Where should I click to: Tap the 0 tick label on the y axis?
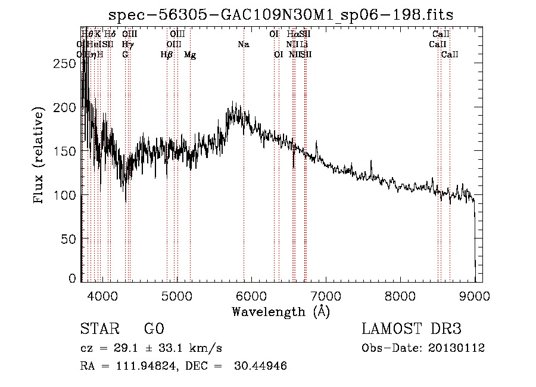click(72, 278)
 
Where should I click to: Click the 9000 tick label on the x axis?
click(474, 295)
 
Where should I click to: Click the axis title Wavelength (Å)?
click(281, 311)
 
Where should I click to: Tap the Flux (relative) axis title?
click(39, 156)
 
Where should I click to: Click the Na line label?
click(243, 45)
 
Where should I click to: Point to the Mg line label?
click(189, 55)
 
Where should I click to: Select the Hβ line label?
click(166, 55)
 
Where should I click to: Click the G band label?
click(125, 55)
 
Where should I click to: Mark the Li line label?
click(304, 45)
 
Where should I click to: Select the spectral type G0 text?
click(154, 329)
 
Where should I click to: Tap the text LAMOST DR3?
click(411, 329)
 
